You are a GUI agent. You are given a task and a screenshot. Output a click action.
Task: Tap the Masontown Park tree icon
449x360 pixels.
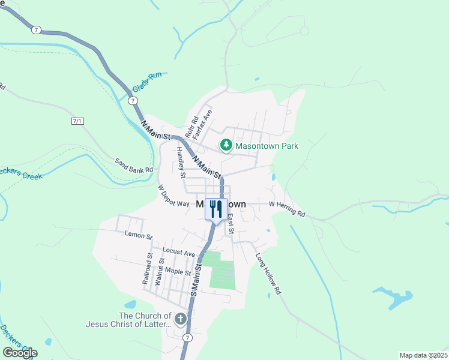(x=226, y=145)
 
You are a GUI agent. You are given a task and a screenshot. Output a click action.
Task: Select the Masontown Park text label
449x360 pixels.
(x=267, y=146)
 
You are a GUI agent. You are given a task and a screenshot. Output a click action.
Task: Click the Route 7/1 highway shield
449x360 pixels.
(x=77, y=121)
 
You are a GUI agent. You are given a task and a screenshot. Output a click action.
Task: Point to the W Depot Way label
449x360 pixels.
(x=173, y=196)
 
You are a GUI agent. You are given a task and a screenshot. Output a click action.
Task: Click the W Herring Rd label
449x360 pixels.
(x=287, y=209)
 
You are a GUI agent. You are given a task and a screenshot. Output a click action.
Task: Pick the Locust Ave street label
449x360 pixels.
(x=179, y=251)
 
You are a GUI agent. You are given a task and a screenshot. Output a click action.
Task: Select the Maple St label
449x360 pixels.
(x=178, y=272)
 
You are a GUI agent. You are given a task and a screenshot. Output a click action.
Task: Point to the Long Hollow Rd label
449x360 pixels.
(x=268, y=274)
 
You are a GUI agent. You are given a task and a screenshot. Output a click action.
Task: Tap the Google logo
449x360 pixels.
(x=20, y=353)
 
